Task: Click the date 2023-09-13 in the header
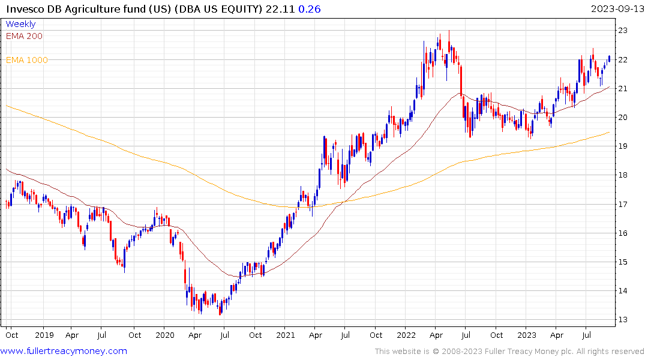616,8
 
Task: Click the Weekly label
20,24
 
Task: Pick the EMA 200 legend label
24,36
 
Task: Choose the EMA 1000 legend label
27,60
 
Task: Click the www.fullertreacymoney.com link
64,351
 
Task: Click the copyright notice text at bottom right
509,351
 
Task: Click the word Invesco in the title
24,8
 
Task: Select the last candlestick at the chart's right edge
609,58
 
